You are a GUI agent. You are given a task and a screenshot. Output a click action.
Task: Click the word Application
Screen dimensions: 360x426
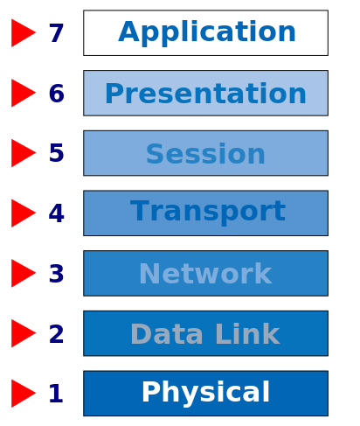207,33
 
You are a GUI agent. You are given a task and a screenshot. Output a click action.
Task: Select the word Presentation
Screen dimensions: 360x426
205,94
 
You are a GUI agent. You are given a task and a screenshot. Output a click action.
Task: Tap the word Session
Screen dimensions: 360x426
205,154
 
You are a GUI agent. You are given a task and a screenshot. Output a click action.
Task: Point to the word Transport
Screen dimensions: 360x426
208,213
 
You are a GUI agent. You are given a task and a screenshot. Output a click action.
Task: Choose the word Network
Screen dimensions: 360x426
205,274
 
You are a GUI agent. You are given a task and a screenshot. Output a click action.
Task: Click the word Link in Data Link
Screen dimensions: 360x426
248,333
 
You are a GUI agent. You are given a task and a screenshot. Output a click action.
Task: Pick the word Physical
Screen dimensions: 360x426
205,394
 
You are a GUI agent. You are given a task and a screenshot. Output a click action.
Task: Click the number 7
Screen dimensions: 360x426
56,33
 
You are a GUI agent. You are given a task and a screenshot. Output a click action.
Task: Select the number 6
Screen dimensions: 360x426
56,94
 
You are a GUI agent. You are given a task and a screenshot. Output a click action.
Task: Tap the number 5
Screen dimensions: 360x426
56,153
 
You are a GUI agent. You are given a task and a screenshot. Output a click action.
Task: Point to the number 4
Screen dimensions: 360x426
56,213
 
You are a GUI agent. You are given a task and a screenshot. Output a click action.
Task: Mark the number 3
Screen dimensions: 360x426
56,274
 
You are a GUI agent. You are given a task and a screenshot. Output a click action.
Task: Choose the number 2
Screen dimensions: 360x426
56,333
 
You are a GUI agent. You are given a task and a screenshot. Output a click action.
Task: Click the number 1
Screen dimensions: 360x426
56,394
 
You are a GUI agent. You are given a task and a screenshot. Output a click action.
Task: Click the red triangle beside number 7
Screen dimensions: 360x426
24,33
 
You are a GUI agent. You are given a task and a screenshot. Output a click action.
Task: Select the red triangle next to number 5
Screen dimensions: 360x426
24,153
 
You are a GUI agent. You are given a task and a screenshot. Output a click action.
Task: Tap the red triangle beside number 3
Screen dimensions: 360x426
24,273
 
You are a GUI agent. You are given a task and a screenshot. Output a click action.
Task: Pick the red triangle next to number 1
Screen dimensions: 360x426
24,394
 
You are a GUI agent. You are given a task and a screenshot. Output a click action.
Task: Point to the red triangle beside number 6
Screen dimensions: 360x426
24,93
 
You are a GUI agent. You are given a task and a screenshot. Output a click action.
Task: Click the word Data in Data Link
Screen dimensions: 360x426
167,333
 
